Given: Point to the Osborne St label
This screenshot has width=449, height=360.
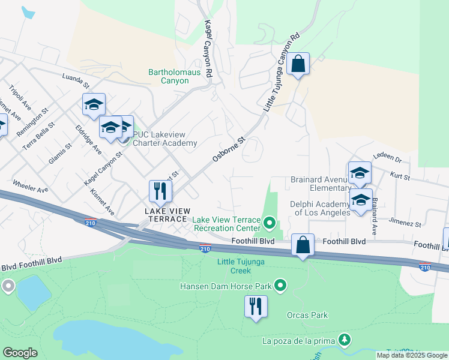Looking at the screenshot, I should [x=229, y=151].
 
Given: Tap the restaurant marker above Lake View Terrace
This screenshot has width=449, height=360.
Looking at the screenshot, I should [x=161, y=191].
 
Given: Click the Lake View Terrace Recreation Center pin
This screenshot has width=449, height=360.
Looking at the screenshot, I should [x=270, y=224].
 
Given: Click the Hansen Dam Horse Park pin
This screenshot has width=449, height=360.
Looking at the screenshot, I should [x=280, y=286].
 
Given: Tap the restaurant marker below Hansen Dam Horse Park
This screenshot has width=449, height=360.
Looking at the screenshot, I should [x=256, y=306].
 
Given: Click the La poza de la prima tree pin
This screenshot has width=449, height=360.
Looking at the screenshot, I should [x=345, y=341].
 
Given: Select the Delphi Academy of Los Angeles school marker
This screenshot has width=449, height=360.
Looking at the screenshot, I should [x=361, y=200].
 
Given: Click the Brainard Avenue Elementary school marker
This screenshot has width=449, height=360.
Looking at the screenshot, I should [x=360, y=173].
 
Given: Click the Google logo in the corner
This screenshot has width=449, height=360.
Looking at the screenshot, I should [x=20, y=353].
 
